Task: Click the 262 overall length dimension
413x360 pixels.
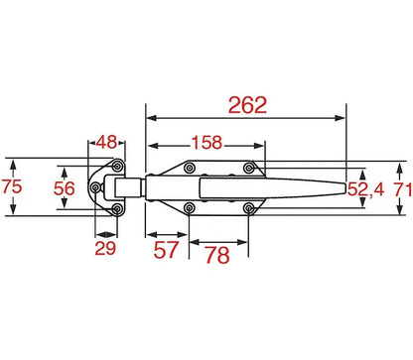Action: tap(247, 105)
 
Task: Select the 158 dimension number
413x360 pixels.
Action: tap(206, 143)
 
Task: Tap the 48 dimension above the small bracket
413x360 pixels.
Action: tap(107, 142)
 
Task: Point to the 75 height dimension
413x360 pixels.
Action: tap(12, 186)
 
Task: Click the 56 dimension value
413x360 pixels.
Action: tap(65, 188)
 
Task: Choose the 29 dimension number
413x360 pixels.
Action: tap(105, 248)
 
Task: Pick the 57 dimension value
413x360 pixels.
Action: tap(166, 250)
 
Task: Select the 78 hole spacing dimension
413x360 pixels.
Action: tap(217, 255)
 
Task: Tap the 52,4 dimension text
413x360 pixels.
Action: tap(365, 189)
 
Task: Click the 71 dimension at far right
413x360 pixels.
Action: tap(403, 189)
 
